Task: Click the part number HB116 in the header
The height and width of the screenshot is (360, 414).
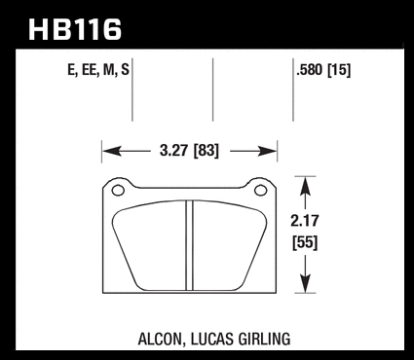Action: coord(75,29)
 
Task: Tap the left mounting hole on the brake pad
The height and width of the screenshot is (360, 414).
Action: coord(118,191)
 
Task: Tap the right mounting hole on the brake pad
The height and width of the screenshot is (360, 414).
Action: coord(260,191)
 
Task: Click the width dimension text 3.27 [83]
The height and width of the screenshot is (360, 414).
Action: coord(189,151)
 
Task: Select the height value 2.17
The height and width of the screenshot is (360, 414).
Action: coord(305,221)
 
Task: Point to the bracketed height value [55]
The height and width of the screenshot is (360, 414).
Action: coord(305,242)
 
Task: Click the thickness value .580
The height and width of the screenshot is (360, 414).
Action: coord(310,70)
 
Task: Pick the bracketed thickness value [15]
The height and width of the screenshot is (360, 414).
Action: coord(339,70)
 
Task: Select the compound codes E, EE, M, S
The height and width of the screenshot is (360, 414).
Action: coord(98,70)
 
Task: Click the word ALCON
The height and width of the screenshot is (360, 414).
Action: coord(159,340)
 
